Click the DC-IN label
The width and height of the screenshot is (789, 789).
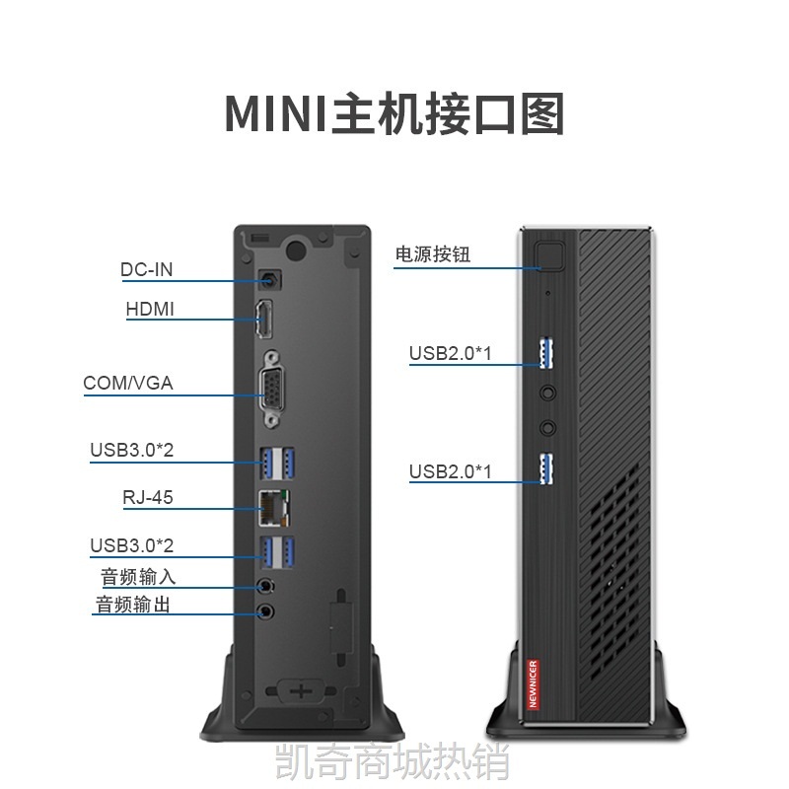pos(146,269)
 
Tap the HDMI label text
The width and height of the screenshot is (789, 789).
pos(150,309)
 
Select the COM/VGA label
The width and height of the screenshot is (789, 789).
pos(128,383)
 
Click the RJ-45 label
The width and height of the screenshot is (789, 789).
pos(148,497)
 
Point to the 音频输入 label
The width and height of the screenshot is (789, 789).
pos(138,577)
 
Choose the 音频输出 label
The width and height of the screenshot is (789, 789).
pos(133,605)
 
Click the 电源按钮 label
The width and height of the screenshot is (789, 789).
pos(433,254)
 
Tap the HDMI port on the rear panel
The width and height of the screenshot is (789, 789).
pos(264,319)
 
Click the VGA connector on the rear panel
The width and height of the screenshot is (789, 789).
pos(271,390)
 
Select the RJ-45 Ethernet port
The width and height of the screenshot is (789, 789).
pos(274,507)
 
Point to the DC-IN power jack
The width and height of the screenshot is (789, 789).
pos(269,279)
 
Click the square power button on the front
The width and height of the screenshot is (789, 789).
pos(548,256)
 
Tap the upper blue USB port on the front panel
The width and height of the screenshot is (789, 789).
pos(546,353)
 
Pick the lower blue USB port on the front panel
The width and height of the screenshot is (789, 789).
pos(546,469)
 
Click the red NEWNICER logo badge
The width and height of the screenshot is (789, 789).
pos(533,683)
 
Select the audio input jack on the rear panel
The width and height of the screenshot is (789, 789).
pos(265,586)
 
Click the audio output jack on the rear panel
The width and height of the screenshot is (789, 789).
pos(265,611)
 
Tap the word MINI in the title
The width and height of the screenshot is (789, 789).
pos(276,113)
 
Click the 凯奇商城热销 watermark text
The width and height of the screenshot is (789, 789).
pos(393,762)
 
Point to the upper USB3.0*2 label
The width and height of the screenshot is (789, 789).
pos(132,450)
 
